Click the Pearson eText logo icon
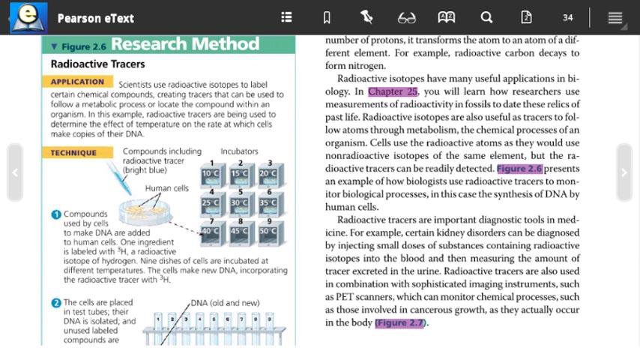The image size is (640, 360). (x=28, y=17)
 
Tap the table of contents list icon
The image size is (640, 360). (x=286, y=17)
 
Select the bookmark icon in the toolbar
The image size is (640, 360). (x=327, y=17)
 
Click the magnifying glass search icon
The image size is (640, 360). (x=486, y=17)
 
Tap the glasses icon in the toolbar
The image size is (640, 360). (x=406, y=17)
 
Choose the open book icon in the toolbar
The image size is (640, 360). (x=446, y=17)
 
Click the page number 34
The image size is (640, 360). (x=567, y=17)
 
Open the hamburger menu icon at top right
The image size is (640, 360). (x=615, y=17)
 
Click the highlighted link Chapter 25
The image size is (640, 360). (x=393, y=91)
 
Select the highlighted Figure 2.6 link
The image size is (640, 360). (x=519, y=169)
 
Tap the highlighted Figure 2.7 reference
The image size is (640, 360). (x=400, y=322)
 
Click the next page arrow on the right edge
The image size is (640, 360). (x=624, y=172)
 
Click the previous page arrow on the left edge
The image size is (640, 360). (x=15, y=172)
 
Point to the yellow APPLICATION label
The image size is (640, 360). (x=77, y=82)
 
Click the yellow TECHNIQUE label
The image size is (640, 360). (x=73, y=153)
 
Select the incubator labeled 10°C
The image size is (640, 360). (x=211, y=174)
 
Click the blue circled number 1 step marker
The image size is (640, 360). (x=55, y=214)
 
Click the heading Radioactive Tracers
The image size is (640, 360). (x=97, y=64)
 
